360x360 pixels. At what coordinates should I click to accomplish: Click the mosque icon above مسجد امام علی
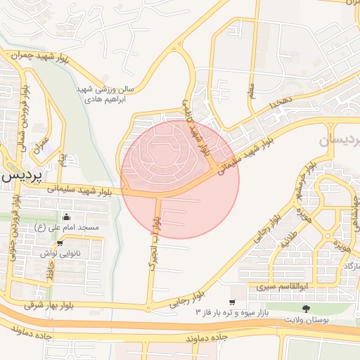pos(66,217)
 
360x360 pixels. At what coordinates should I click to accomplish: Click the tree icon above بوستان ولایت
pos(305,309)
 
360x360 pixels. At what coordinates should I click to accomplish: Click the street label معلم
pos(251,91)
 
